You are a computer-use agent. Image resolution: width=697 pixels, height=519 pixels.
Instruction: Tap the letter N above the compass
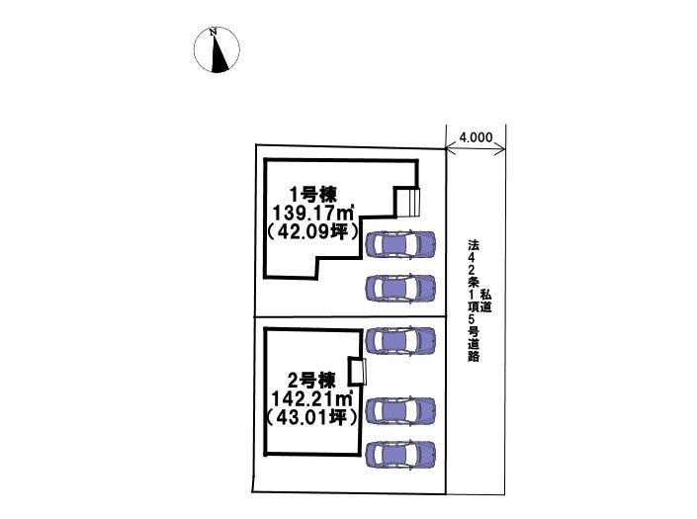[x=213, y=33]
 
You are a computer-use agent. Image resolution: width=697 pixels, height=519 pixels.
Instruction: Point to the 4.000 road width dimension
[x=476, y=139]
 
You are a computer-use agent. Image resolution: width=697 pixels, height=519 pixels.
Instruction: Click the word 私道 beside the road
[x=487, y=301]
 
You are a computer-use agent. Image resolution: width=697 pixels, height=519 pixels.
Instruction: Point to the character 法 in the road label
[x=475, y=244]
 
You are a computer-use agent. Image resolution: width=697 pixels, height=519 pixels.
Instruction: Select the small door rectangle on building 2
[x=358, y=372]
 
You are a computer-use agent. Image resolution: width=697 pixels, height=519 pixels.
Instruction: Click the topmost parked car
[x=399, y=244]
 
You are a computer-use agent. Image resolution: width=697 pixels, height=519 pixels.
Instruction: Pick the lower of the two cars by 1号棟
[x=399, y=288]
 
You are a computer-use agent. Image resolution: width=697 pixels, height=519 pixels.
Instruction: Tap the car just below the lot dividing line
[x=399, y=341]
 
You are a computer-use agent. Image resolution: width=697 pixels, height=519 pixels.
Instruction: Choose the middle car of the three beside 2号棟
[x=399, y=409]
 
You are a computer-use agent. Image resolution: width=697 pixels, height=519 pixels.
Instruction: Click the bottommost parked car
[x=399, y=454]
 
